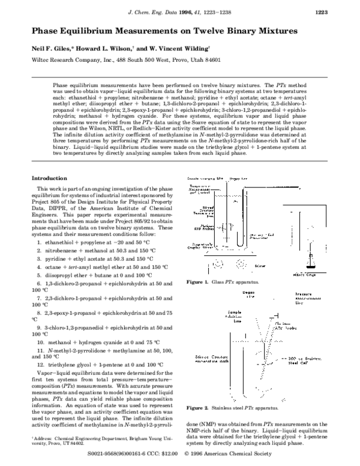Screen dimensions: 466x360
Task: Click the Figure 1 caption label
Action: point(196,282)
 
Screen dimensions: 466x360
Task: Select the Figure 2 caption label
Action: point(196,408)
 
